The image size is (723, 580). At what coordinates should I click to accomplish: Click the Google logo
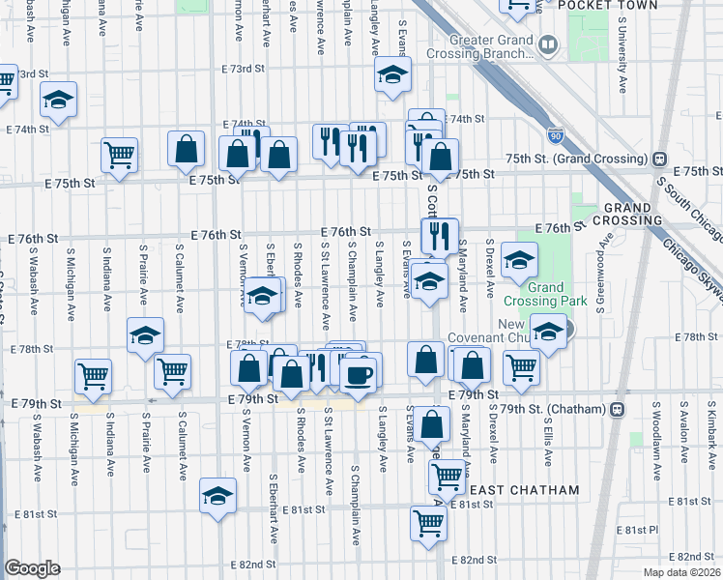[x=33, y=568]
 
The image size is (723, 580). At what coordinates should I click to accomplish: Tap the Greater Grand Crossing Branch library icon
[x=548, y=45]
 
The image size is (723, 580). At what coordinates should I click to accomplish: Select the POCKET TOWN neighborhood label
[x=616, y=6]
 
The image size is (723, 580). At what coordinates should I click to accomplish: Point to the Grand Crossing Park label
[x=546, y=294]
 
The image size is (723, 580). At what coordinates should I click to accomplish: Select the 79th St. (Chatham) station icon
[x=615, y=409]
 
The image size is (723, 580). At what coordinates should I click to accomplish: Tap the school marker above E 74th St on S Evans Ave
[x=391, y=74]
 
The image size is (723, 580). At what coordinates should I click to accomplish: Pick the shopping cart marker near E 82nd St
[x=428, y=523]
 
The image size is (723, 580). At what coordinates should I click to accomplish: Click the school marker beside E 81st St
[x=217, y=496]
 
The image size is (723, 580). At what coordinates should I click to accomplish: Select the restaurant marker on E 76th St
[x=440, y=234]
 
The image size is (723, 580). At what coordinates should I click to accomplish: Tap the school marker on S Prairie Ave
[x=145, y=335]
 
